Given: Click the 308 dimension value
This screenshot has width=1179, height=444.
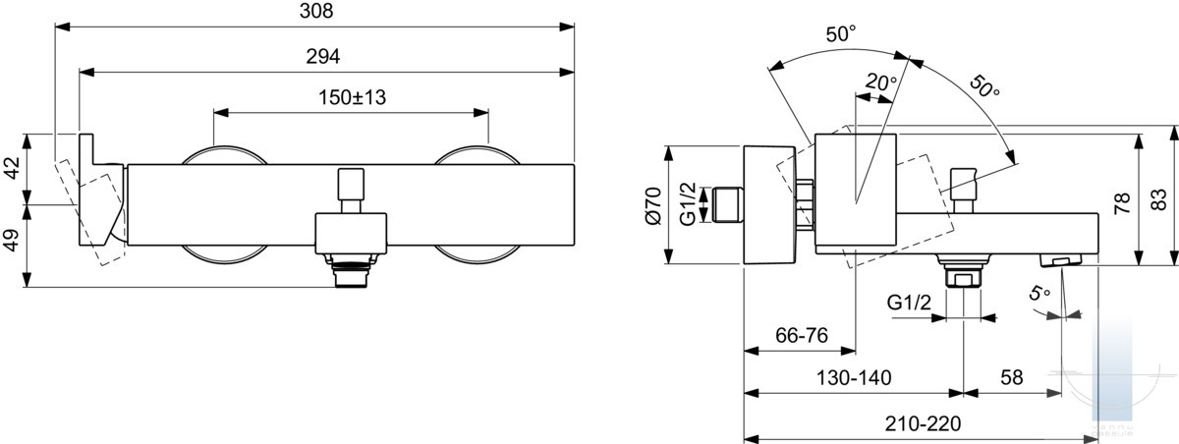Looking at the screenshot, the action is coord(316,11).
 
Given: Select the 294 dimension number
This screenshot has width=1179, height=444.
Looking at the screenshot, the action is coord(323,56).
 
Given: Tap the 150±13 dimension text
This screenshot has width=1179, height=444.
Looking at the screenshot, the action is coord(352,97).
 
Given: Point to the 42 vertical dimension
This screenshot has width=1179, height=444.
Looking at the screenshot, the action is coord(12,168).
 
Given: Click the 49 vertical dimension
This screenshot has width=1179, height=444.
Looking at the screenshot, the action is coord(12,240).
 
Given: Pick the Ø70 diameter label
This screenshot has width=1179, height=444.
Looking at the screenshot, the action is coord(653,205).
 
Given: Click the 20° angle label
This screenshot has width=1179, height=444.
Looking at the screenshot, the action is coord(880,83).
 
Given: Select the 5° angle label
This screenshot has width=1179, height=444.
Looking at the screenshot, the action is coord(1039,293).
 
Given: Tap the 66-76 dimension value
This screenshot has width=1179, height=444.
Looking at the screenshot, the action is coord(802,335).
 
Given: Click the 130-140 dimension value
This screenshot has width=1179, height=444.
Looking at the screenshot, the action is coord(854,378).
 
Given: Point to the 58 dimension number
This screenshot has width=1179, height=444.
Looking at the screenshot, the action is coord(1012,378).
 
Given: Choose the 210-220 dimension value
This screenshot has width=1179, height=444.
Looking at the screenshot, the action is coord(923,423).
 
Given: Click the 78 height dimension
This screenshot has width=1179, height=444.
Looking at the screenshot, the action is coord(1122,203).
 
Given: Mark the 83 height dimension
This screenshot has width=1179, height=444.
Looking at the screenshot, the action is coord(1158,200).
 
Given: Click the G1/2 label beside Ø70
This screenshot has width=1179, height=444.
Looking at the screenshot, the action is coord(688,204).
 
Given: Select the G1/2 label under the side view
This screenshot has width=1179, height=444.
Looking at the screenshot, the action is coord(909,303).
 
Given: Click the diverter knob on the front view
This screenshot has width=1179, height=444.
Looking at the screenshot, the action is coord(351,191).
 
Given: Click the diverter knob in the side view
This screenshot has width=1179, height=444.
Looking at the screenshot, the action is coord(964,191).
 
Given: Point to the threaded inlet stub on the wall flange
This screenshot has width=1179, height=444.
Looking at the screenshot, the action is coord(727,204).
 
